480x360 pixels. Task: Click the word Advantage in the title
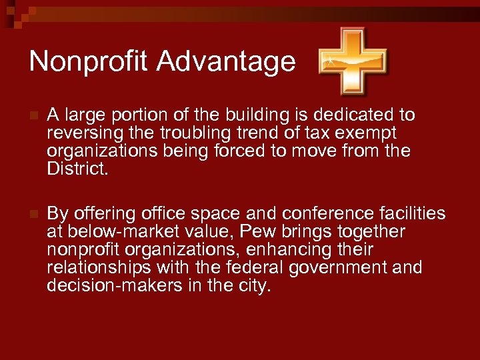pyautogui.click(x=226, y=62)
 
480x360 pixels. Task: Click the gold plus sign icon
pyautogui.click(x=353, y=61)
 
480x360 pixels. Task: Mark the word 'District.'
pyautogui.click(x=76, y=168)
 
